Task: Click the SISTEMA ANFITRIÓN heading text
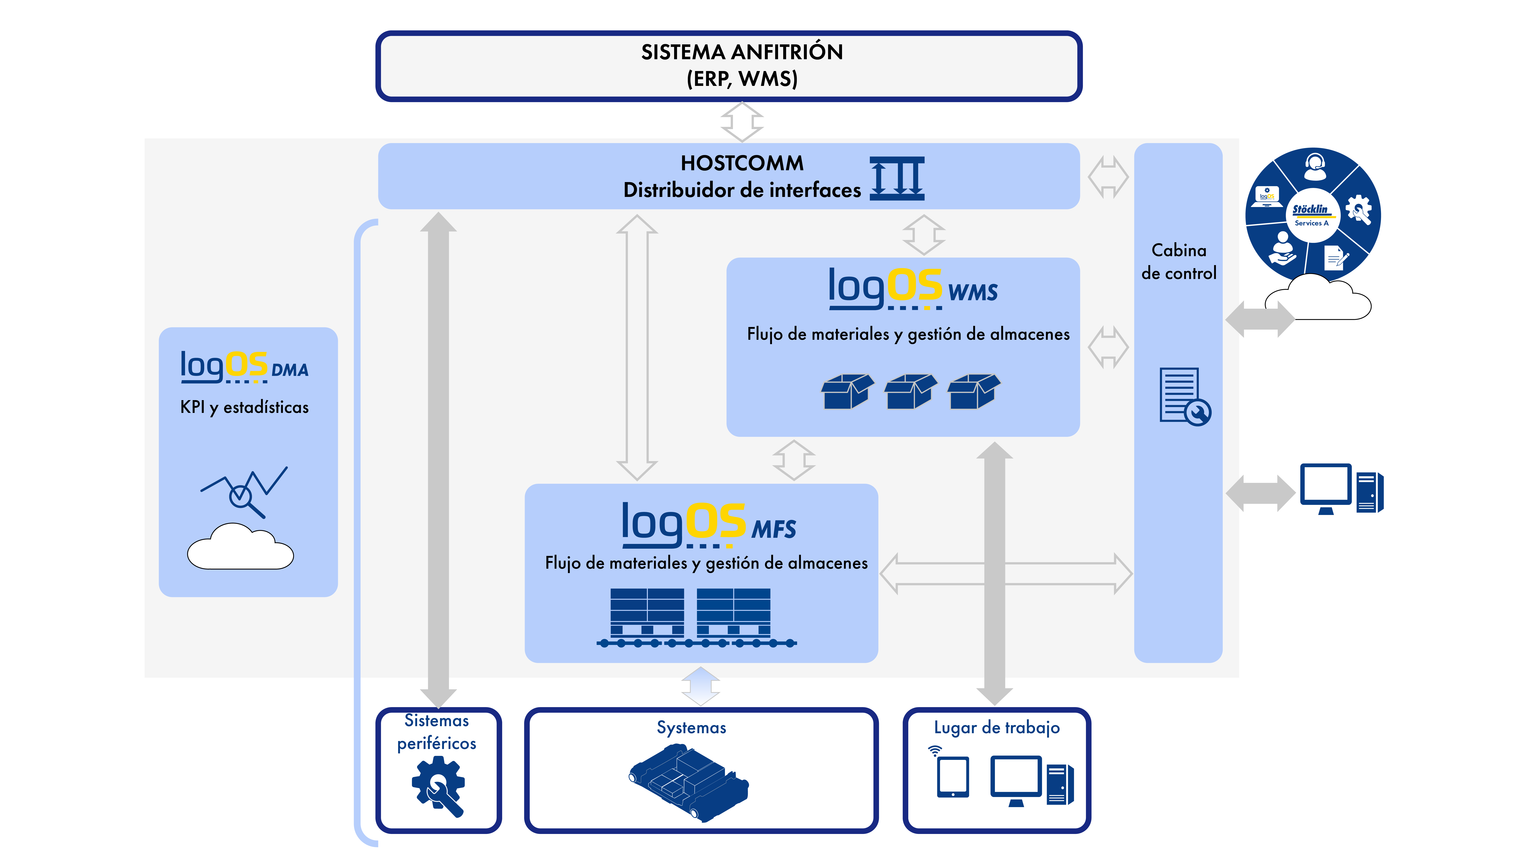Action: pos(742,52)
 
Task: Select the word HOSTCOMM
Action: pos(742,163)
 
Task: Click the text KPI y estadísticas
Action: pos(244,408)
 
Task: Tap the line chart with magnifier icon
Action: pos(244,492)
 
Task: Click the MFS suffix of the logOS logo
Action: pos(774,529)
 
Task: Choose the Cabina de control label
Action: pos(1179,261)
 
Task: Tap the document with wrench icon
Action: pos(1185,396)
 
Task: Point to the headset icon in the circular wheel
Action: pos(1315,167)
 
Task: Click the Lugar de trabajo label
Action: pos(997,728)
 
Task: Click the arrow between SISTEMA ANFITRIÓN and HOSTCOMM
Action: pos(742,122)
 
